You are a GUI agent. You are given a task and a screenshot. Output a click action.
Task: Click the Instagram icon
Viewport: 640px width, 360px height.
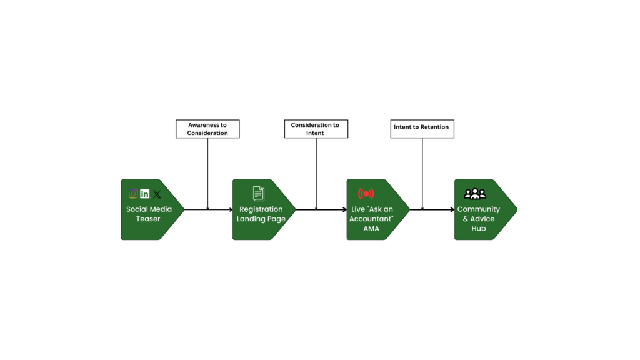click(x=134, y=194)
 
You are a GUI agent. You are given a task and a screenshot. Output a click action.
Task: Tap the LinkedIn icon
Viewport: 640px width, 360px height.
click(x=145, y=194)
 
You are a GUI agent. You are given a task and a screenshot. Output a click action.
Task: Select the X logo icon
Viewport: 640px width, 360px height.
click(x=157, y=194)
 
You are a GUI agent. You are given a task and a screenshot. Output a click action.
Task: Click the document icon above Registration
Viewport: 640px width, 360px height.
click(x=258, y=194)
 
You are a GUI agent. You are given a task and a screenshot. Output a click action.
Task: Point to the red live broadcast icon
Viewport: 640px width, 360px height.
click(x=366, y=194)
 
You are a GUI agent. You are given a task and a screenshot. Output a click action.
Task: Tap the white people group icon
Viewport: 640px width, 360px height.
click(x=475, y=194)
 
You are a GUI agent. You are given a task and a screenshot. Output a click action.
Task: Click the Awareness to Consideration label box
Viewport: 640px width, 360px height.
click(x=207, y=129)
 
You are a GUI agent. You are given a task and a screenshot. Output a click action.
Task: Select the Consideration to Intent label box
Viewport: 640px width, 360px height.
click(x=316, y=129)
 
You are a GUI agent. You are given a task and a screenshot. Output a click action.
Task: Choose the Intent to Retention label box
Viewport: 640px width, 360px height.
click(x=422, y=129)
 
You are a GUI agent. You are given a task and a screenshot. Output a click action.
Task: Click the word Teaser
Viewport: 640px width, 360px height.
click(x=148, y=219)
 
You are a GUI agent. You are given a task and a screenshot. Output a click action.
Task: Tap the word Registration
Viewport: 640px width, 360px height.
click(x=261, y=209)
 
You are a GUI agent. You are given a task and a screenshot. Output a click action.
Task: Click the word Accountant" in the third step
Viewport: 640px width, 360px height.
click(x=371, y=219)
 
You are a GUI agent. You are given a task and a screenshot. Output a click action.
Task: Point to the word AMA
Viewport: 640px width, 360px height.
click(x=371, y=229)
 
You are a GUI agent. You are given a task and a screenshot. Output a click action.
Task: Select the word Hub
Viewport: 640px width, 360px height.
click(x=479, y=229)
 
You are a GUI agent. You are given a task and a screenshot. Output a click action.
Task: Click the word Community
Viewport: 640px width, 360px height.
click(x=479, y=209)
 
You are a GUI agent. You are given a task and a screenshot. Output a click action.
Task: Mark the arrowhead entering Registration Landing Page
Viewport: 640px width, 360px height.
click(x=231, y=209)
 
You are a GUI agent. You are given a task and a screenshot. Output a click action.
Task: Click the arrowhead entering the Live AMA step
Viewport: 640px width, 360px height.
click(x=344, y=209)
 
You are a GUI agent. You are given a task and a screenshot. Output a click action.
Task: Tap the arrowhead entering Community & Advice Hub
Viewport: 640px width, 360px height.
click(x=452, y=209)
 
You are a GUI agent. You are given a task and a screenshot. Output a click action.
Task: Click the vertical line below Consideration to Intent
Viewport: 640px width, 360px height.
click(x=316, y=174)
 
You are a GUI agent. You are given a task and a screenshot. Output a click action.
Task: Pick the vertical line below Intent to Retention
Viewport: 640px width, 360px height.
click(x=422, y=174)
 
